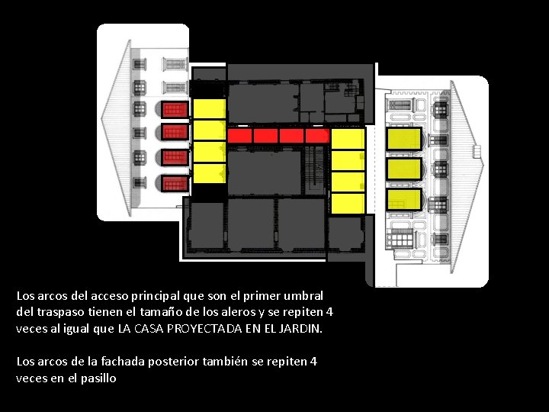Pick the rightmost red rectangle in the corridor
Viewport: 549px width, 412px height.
click(316, 136)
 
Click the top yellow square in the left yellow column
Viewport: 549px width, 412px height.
click(208, 108)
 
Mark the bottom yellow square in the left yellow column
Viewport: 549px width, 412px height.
click(208, 173)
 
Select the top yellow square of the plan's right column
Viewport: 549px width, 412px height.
click(348, 138)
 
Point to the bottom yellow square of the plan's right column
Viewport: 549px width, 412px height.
click(348, 203)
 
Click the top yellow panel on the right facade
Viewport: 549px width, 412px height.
click(404, 139)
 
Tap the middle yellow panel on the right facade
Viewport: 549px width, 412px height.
click(404, 169)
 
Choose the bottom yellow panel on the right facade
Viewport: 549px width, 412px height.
click(404, 200)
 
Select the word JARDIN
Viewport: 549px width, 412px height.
click(303, 330)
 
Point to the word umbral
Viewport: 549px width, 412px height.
click(302, 295)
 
